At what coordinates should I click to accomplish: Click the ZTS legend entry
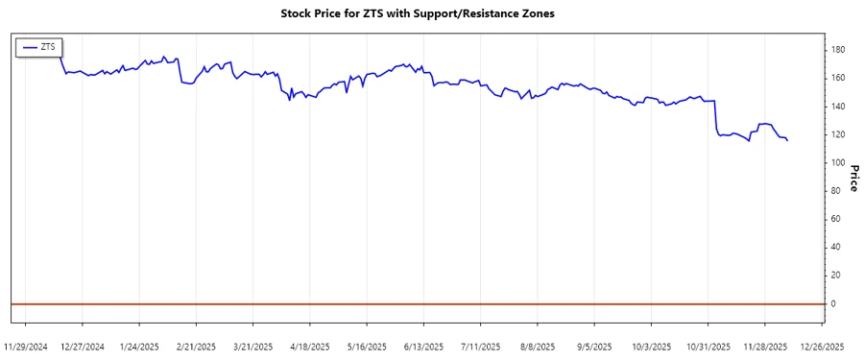point(39,46)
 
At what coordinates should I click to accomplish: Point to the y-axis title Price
point(852,177)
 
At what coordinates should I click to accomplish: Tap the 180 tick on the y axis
point(838,50)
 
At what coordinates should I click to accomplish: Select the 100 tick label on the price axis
point(838,162)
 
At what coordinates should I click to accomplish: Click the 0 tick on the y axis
point(833,303)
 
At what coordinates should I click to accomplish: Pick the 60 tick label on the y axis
point(836,219)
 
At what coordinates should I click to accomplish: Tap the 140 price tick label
point(838,107)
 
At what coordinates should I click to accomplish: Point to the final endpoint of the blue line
point(787,141)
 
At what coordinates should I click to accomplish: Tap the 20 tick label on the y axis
point(836,276)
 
